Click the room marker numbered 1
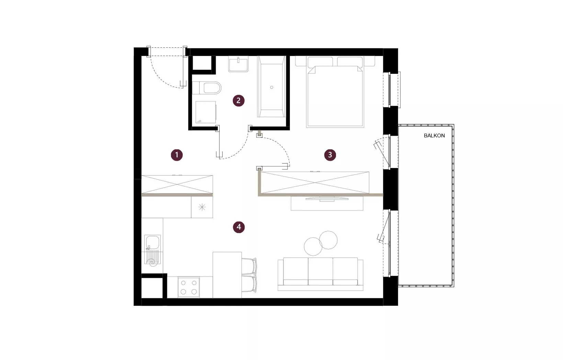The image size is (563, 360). (x=177, y=155)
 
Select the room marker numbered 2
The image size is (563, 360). (x=238, y=101)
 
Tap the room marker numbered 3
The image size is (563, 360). (x=330, y=155)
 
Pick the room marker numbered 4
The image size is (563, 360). (x=239, y=227)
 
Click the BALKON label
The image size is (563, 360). (x=434, y=136)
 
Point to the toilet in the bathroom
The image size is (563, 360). (x=206, y=88)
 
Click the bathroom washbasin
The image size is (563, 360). (x=238, y=64)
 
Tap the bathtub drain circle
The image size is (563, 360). (x=272, y=88)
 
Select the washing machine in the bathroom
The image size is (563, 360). (x=206, y=112)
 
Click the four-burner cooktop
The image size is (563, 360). (x=189, y=287)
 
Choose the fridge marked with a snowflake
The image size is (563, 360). (x=202, y=207)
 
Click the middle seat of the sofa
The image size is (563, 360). (x=320, y=271)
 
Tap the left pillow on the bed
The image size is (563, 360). (x=320, y=62)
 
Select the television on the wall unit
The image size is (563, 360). (x=327, y=199)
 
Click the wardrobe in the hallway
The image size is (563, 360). (x=177, y=184)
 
